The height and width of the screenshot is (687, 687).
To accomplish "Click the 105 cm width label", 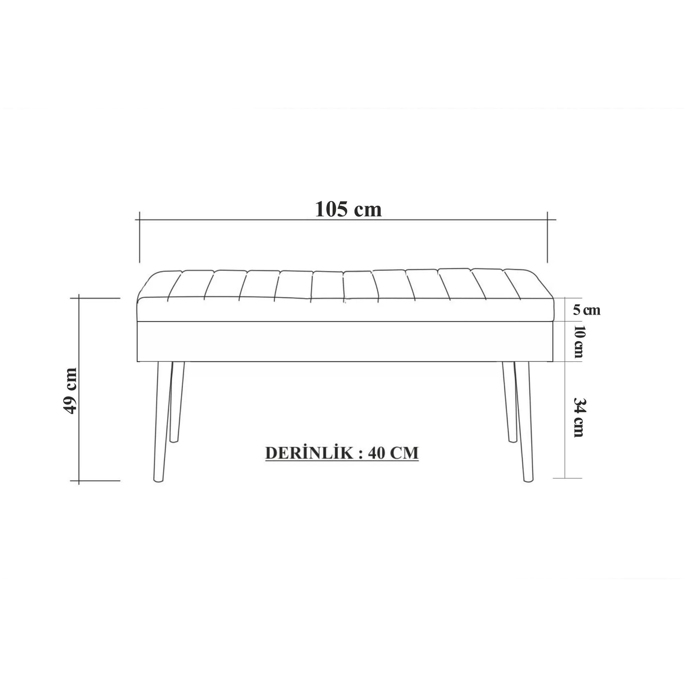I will point(348,209).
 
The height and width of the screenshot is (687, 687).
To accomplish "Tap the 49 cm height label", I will point(70,391).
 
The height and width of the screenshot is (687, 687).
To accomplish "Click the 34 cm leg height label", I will point(578,417).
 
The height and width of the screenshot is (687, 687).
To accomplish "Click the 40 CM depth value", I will point(393,453).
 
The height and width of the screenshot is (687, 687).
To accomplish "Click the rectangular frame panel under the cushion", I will point(345,341).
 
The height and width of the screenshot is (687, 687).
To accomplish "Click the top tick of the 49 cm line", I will point(79,298).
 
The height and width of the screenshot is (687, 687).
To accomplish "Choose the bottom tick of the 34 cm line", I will point(565,478).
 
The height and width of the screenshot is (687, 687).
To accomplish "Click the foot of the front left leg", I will point(158,480).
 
